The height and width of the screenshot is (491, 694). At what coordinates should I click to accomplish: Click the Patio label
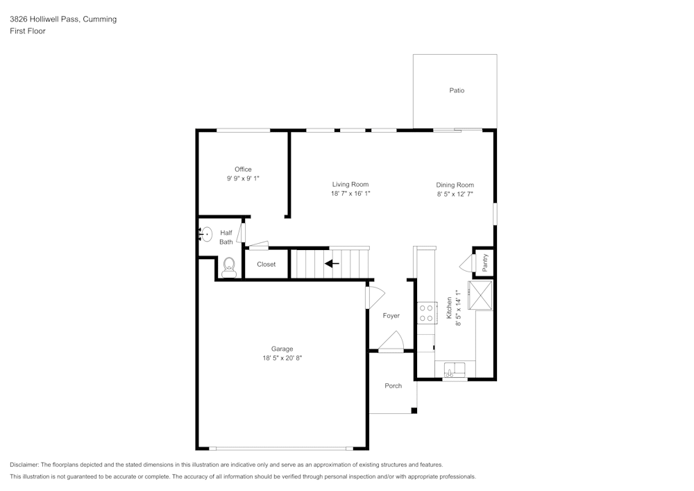[456, 91]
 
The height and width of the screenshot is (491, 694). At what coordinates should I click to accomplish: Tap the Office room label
[243, 169]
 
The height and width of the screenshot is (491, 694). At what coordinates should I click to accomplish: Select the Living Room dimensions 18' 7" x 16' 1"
[350, 194]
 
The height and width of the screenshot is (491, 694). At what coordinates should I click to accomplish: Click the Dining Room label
[455, 185]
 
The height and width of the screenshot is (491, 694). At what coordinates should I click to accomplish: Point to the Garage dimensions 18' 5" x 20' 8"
[282, 358]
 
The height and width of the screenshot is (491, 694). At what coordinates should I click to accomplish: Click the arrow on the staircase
[332, 263]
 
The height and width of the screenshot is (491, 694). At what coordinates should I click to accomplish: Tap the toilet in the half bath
[229, 265]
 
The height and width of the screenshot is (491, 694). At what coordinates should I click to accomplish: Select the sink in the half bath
[206, 233]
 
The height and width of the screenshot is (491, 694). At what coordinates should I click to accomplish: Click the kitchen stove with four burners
[426, 313]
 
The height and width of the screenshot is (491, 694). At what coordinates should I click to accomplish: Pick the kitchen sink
[455, 369]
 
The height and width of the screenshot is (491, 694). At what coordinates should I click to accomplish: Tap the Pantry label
[485, 262]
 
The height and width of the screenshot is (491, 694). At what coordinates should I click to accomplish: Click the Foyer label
[391, 316]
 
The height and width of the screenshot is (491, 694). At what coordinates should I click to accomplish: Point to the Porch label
[393, 386]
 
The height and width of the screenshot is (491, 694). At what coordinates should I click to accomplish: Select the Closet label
[266, 265]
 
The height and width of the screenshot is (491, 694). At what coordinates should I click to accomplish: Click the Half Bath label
[226, 238]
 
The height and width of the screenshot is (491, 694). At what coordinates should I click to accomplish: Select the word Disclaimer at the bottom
[24, 465]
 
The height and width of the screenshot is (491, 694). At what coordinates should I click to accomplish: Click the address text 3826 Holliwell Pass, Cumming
[63, 19]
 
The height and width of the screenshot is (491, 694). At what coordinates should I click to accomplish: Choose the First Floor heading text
[28, 31]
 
